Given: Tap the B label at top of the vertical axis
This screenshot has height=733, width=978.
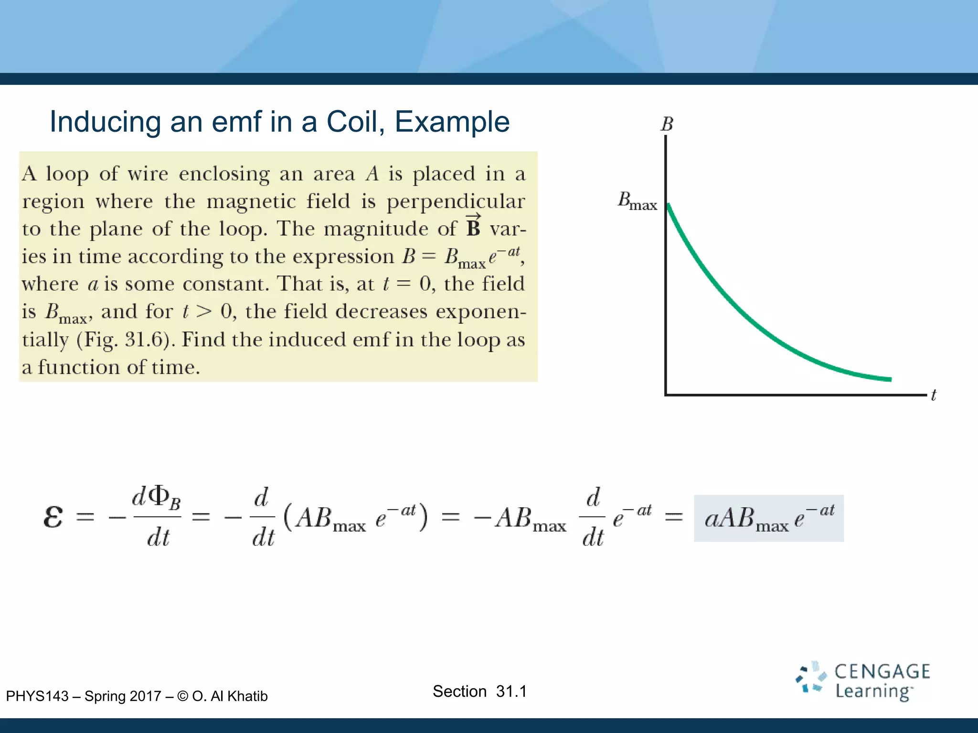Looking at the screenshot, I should point(667,125).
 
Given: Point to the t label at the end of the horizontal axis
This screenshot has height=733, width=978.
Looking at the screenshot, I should point(934,395).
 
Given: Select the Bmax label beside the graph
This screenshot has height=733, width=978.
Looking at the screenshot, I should point(637,201).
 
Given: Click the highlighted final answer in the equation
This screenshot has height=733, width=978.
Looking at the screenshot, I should point(768,518).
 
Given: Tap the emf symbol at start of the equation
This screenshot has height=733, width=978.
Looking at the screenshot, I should point(53,517).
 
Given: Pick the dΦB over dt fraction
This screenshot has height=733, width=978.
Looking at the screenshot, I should point(157,517).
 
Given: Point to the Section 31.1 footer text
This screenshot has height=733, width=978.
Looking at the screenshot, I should point(479,691).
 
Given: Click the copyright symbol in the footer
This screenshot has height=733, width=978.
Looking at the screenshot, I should point(182,696).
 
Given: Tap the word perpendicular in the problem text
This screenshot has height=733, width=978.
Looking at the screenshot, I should point(456,201).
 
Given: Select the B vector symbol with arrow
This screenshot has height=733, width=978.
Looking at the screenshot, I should point(473,226).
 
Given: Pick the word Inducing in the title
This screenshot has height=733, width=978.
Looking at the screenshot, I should point(106,122).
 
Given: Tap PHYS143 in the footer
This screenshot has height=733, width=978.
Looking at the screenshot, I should point(37,696).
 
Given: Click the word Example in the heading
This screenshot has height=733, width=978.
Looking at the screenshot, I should point(452,122).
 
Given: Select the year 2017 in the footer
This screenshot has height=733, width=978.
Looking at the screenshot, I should point(145,696).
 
